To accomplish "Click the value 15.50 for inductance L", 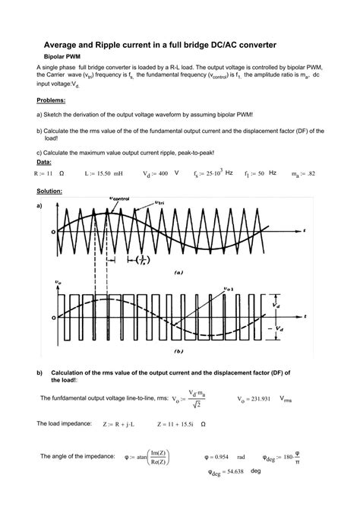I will point(105,174).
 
